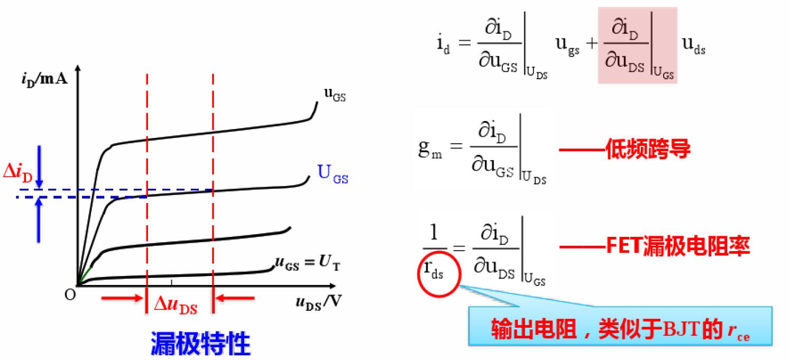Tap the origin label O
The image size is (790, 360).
click(x=70, y=294)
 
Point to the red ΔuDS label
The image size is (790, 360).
click(x=176, y=306)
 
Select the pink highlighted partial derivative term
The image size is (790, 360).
click(x=637, y=46)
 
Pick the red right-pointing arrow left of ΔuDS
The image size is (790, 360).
click(x=123, y=299)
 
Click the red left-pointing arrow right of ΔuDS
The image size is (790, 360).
click(x=236, y=299)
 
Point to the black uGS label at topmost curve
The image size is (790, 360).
click(x=335, y=96)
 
